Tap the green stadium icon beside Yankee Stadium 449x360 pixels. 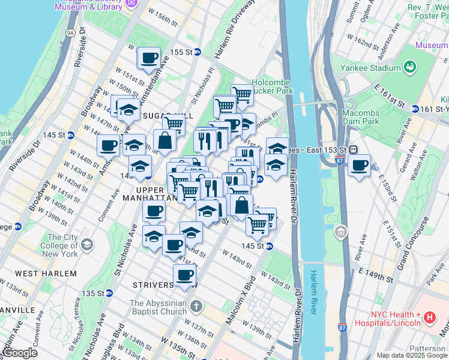tap(411, 66)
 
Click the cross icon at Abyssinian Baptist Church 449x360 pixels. tap(196, 307)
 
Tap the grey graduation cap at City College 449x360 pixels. tap(88, 244)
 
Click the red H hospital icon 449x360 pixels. tap(430, 317)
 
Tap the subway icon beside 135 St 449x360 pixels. tap(109, 293)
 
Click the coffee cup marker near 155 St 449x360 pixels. tap(149, 59)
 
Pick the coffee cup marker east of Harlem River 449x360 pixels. tap(359, 166)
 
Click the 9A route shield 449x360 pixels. tap(71, 32)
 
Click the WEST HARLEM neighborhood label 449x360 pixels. tap(46, 274)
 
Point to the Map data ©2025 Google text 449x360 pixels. tap(411, 355)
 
